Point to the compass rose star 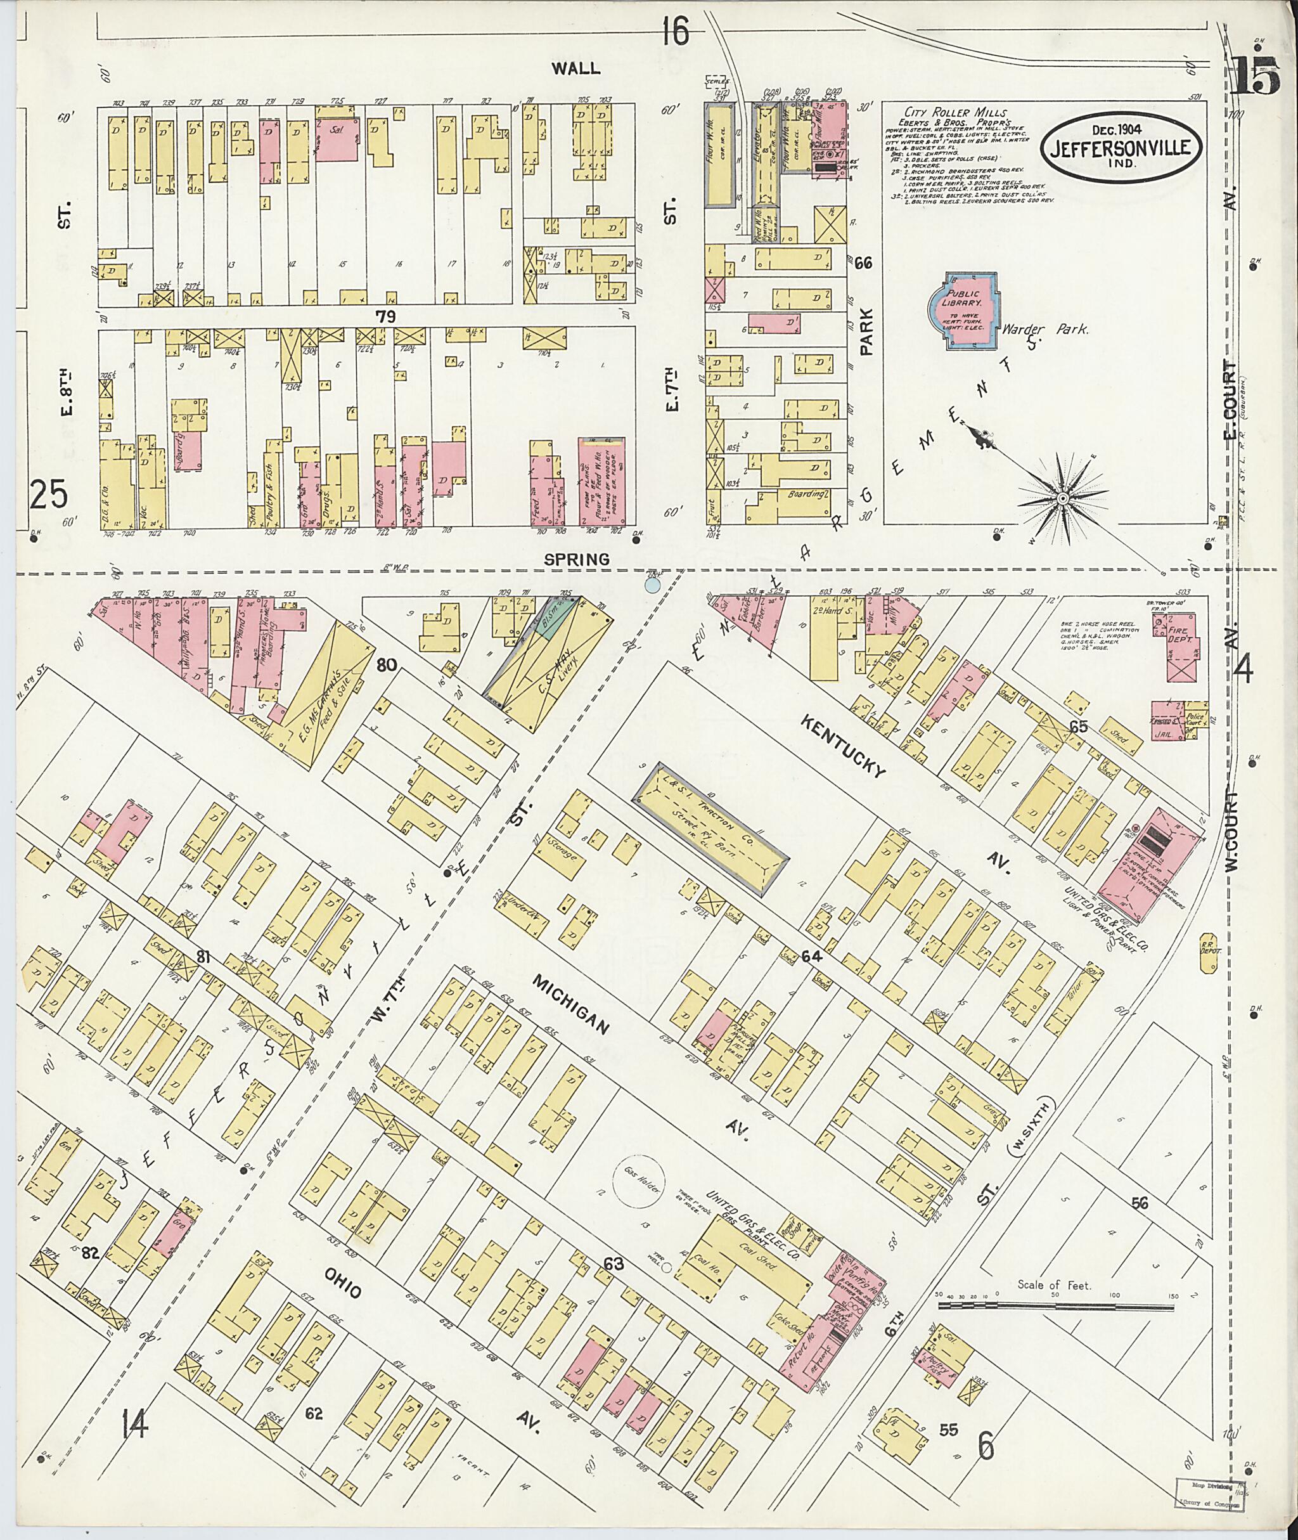coord(1062,499)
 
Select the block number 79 coord(385,316)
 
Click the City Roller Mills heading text coord(949,111)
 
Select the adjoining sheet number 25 coord(49,494)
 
